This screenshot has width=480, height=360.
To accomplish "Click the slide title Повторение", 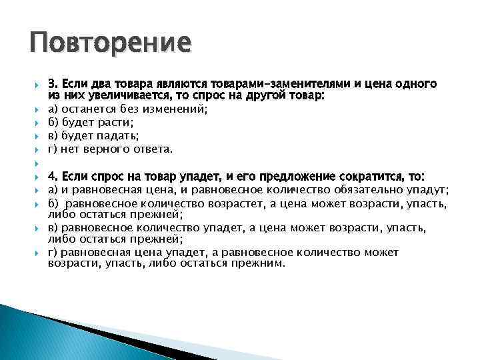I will coord(110,45).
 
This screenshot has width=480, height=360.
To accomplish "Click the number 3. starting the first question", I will coord(53,85).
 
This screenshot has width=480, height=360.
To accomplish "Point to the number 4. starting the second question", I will coord(53,177).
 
